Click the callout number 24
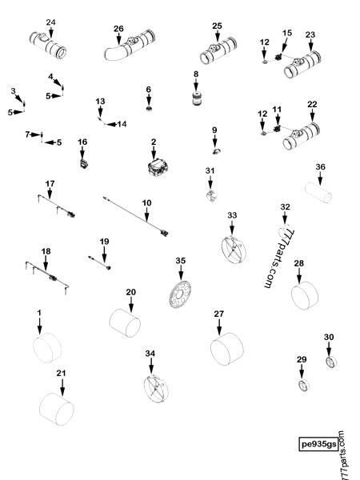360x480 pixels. click(x=51, y=22)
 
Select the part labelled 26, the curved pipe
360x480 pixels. click(x=130, y=46)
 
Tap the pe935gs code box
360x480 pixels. click(x=318, y=444)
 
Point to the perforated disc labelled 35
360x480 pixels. click(x=180, y=294)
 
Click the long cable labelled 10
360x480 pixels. click(x=136, y=216)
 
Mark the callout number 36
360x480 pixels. click(x=320, y=167)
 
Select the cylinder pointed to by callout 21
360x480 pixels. click(x=57, y=410)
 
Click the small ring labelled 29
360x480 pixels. click(x=304, y=385)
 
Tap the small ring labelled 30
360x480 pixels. click(x=330, y=362)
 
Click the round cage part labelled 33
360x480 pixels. click(x=234, y=250)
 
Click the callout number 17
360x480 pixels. click(x=50, y=184)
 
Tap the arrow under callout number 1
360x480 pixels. click(x=39, y=326)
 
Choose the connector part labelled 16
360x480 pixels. click(x=83, y=163)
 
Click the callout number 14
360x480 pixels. click(x=122, y=124)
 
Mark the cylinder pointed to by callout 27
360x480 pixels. click(x=227, y=349)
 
